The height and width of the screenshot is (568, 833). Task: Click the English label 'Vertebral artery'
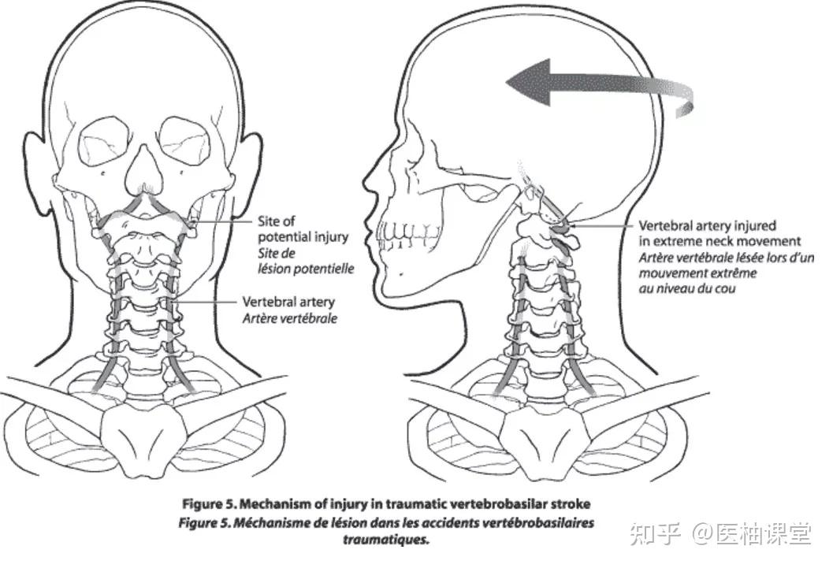288,302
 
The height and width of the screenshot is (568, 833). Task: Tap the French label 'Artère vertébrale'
289,318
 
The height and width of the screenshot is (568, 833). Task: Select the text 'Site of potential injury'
303,229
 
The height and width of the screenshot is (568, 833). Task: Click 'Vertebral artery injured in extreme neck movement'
720,232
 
